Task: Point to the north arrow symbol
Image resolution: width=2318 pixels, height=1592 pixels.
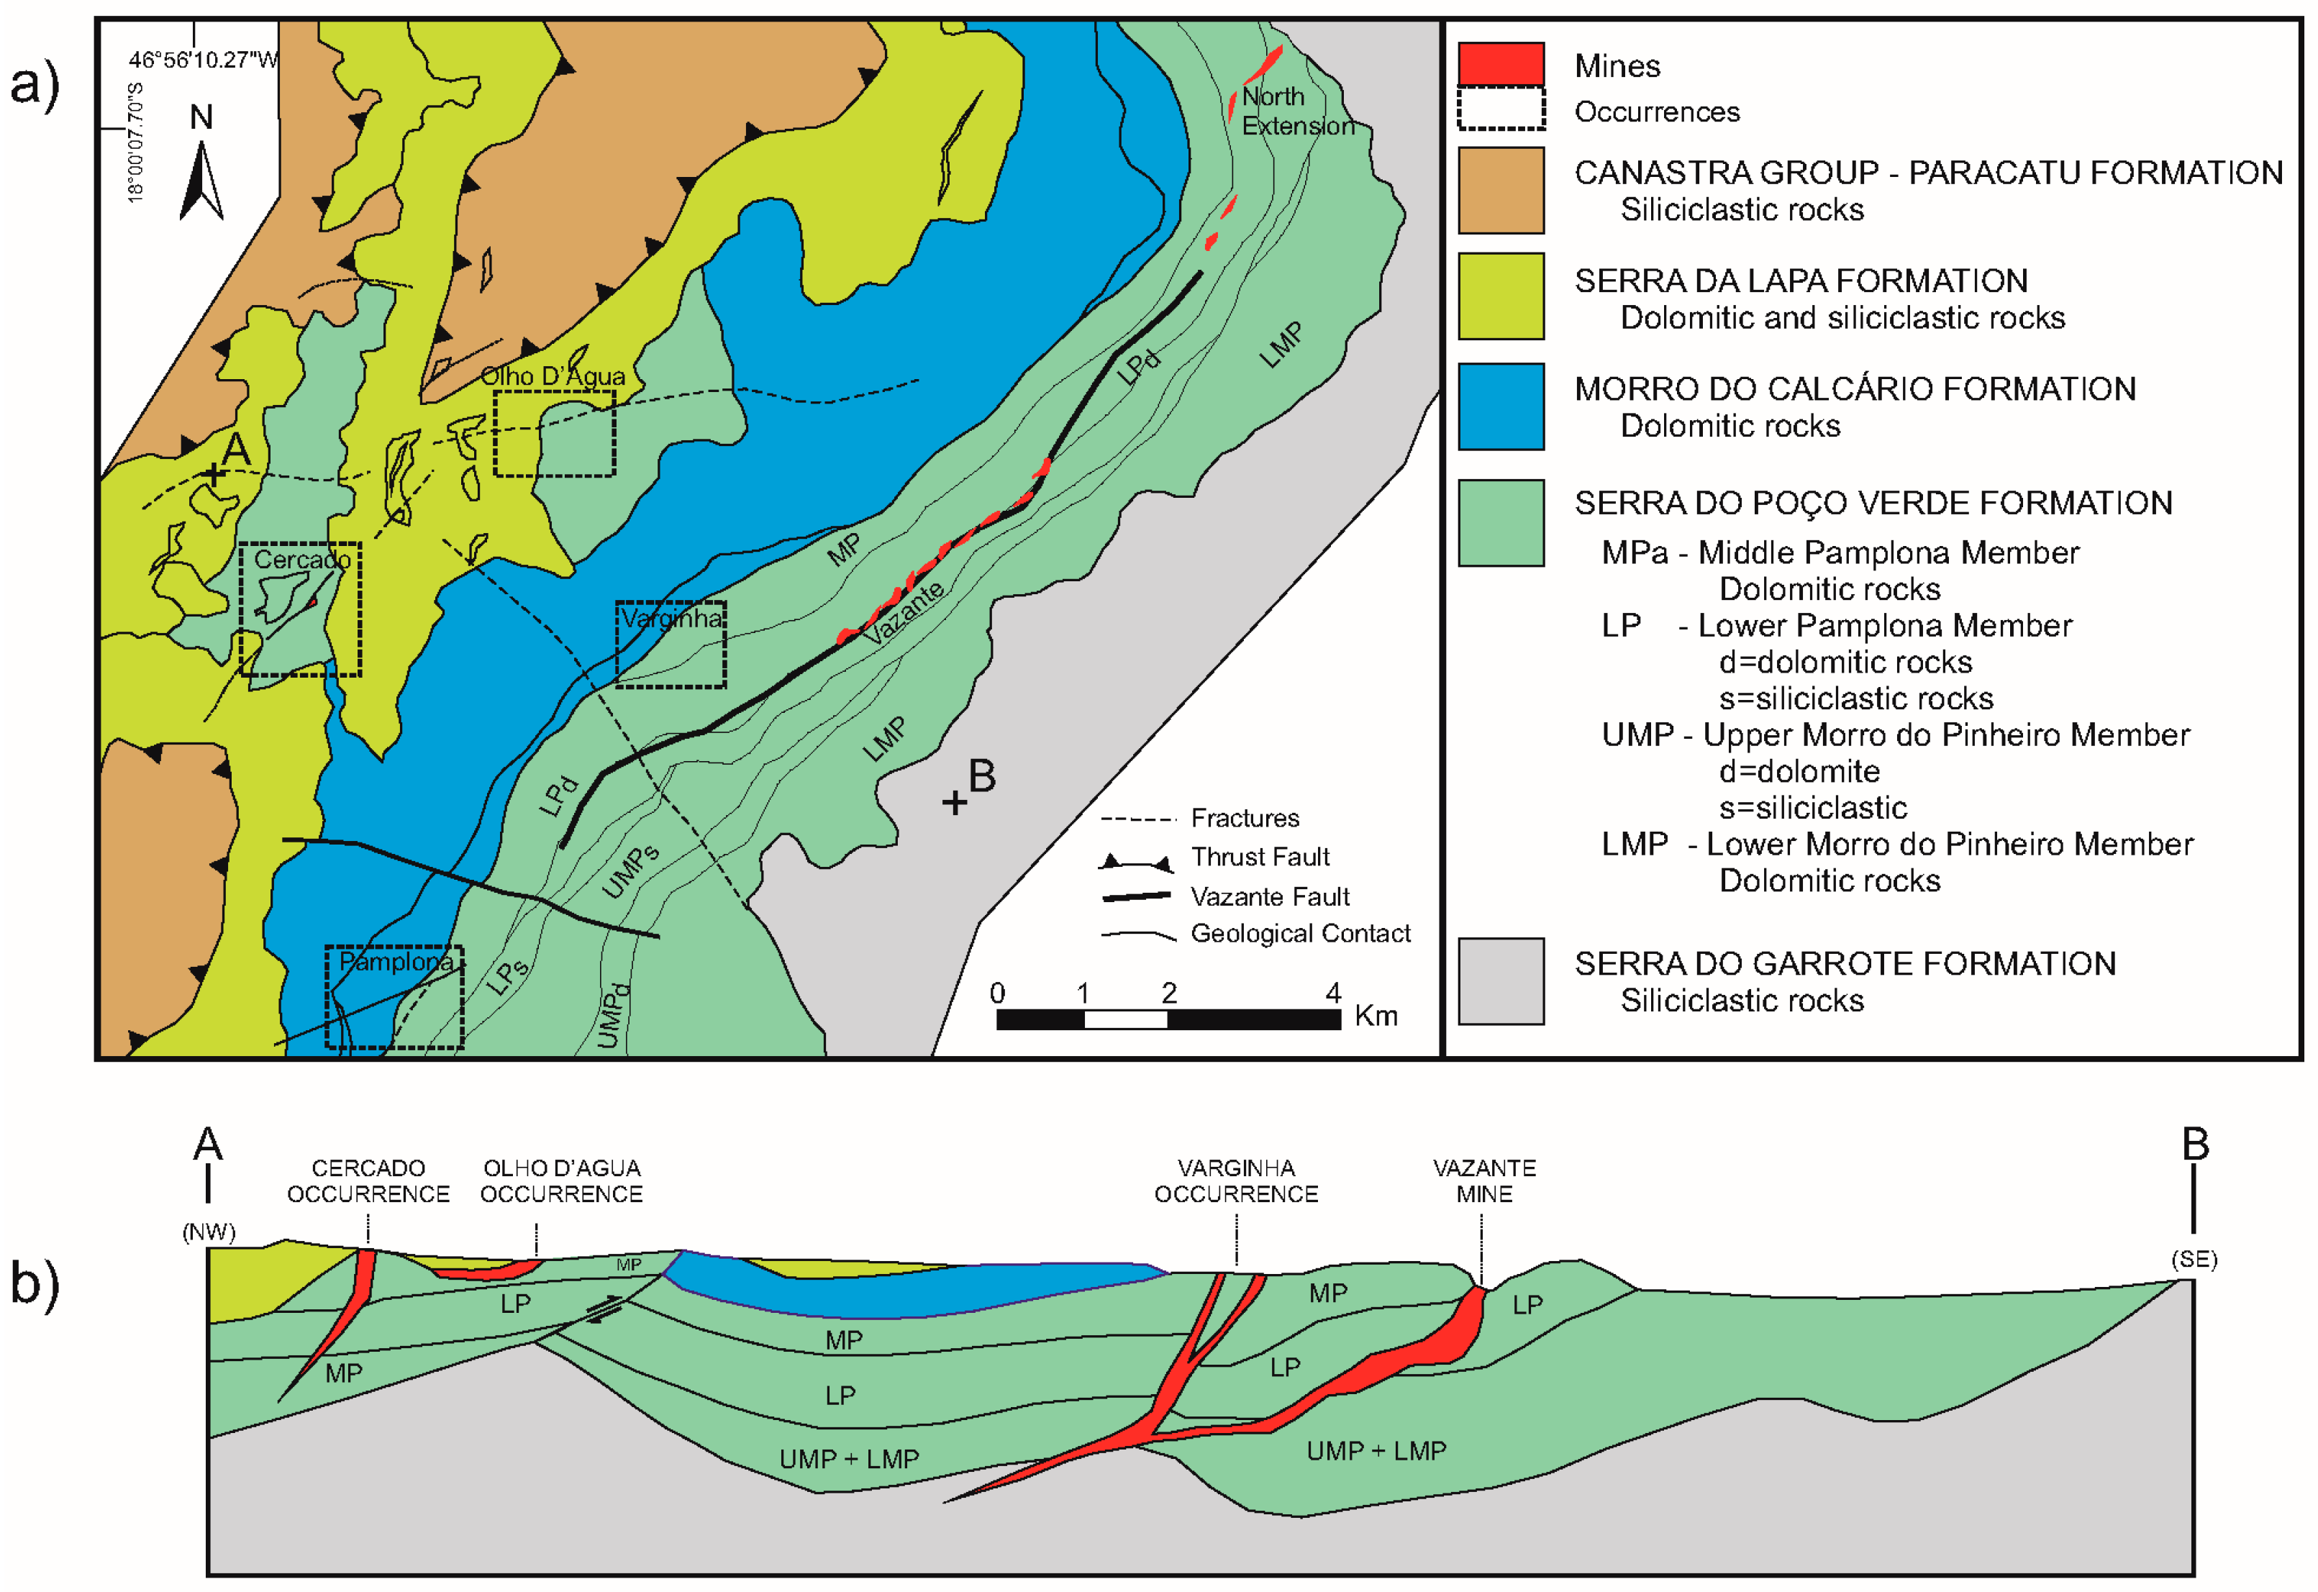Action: click(x=201, y=180)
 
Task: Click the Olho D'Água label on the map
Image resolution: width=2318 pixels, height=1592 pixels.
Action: click(x=553, y=376)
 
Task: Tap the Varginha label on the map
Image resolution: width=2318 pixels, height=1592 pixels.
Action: click(x=671, y=619)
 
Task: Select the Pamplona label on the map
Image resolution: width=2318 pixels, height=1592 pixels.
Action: click(x=396, y=962)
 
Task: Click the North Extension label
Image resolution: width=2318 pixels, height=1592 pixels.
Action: click(x=1296, y=111)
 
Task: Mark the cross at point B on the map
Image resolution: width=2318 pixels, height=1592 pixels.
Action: click(x=955, y=802)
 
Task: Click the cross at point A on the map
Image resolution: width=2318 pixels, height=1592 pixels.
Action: click(x=214, y=475)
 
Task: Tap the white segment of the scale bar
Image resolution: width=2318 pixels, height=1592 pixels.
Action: click(x=1125, y=1019)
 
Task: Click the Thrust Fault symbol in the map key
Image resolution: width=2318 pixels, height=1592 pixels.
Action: click(x=1135, y=860)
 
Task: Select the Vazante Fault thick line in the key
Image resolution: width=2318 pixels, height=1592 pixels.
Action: click(x=1135, y=897)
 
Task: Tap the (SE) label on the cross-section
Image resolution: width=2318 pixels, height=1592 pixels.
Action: click(x=2194, y=1259)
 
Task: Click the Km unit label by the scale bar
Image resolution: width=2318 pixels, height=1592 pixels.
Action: click(x=1376, y=1016)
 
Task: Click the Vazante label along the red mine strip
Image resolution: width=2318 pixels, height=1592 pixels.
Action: click(x=904, y=612)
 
